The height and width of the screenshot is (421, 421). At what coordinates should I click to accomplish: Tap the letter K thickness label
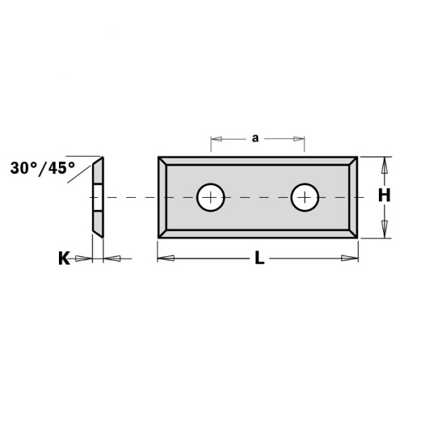(63, 259)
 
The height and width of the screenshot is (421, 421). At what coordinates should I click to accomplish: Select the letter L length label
(259, 259)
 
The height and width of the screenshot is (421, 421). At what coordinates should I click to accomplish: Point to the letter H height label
(384, 196)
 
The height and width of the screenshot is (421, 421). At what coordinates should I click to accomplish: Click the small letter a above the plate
(255, 139)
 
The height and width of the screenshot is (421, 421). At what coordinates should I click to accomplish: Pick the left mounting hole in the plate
(210, 197)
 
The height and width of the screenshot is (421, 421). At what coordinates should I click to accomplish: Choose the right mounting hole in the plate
(305, 197)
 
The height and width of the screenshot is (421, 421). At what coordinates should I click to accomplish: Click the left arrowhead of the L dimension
(166, 259)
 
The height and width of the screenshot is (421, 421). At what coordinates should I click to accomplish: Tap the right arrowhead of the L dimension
(350, 259)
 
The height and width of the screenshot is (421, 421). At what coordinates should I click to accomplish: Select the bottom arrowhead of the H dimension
(384, 229)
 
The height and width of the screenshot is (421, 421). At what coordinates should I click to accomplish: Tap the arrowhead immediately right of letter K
(84, 259)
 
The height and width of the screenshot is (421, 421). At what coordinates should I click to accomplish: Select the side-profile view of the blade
(98, 197)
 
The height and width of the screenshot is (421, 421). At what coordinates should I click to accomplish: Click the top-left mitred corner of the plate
(163, 161)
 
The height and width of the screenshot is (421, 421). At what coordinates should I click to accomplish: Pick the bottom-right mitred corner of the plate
(354, 233)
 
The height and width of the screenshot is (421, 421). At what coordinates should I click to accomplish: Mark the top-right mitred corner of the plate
(354, 161)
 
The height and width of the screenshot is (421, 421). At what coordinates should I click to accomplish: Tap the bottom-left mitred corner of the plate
(163, 233)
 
